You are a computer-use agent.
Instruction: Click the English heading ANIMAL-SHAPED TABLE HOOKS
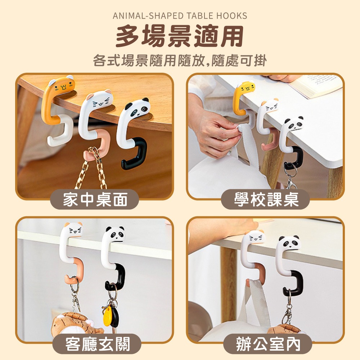point(180,16)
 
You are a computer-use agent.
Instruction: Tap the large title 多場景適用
point(180,36)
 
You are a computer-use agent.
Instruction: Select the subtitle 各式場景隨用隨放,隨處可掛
point(180,60)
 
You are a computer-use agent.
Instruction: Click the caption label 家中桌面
point(95,199)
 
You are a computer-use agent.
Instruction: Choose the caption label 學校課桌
point(266,199)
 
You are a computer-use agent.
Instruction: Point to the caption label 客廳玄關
point(98,344)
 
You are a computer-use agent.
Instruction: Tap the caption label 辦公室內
point(268,344)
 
